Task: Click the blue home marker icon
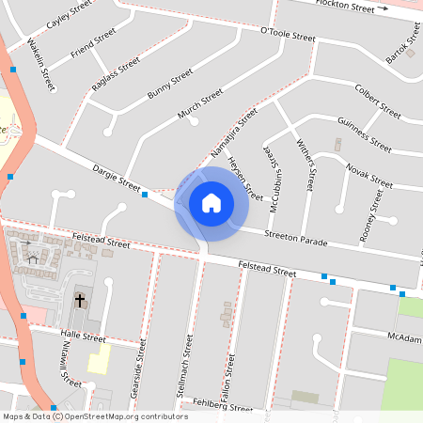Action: (x=211, y=202)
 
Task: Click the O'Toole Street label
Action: (x=287, y=36)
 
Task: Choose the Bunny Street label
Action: (x=170, y=84)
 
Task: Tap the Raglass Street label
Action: (x=116, y=72)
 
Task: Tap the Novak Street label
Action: (x=368, y=175)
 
